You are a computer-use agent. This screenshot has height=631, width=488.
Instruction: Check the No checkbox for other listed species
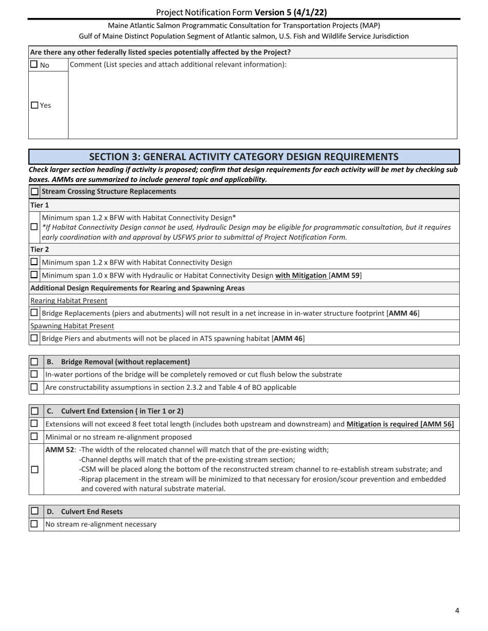(x=34, y=65)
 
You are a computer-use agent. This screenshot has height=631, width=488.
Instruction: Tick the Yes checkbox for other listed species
(x=35, y=105)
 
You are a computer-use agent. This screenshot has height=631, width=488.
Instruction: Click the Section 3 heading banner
(x=244, y=156)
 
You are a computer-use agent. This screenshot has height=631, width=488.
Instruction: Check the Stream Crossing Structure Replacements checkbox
(x=35, y=191)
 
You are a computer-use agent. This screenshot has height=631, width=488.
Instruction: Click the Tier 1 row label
(x=40, y=205)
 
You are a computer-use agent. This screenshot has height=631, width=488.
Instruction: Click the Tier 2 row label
(x=40, y=249)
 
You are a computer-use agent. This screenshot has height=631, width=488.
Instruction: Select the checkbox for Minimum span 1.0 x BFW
(x=34, y=275)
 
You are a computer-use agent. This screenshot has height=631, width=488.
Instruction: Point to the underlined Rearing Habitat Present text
(x=69, y=301)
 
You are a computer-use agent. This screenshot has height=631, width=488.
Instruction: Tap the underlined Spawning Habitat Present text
(x=72, y=326)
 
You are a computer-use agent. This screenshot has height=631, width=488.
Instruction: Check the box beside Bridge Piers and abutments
(x=34, y=338)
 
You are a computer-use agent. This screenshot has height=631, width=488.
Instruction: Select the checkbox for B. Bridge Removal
(x=34, y=362)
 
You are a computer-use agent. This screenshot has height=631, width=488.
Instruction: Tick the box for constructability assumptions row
(x=34, y=387)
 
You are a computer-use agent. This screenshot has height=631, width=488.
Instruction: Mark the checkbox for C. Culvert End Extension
(x=34, y=411)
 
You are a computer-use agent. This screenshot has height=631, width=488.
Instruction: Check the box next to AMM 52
(x=34, y=469)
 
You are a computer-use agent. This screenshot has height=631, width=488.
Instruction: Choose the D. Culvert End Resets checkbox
(x=34, y=511)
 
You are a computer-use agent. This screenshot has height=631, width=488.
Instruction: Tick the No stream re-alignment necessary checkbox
(x=34, y=524)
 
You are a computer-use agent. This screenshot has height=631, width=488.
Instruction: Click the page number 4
(x=457, y=610)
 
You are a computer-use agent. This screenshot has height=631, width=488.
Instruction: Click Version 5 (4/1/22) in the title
(x=290, y=12)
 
